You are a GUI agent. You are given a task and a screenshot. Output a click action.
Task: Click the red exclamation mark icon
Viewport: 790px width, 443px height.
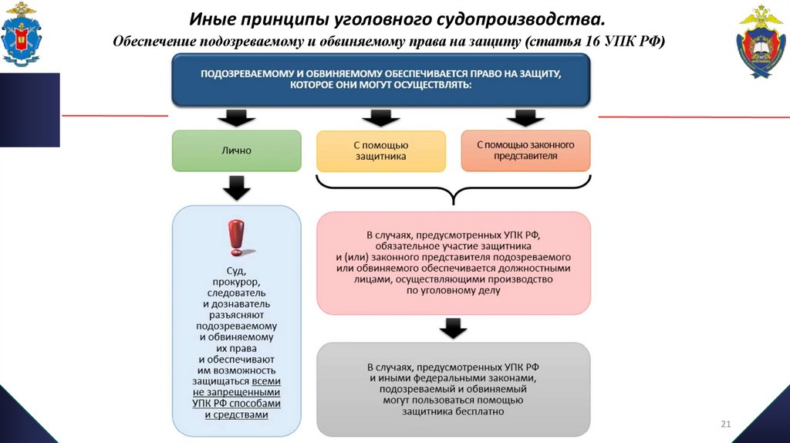[x=236, y=238]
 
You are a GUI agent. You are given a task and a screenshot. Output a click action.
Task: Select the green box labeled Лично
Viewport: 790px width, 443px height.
[x=236, y=150]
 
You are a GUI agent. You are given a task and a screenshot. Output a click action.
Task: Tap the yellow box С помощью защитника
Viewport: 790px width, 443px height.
[x=381, y=150]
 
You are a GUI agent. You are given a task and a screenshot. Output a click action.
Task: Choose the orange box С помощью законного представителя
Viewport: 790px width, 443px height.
[x=525, y=150]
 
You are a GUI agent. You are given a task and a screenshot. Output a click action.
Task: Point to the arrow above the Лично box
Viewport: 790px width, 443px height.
[x=236, y=118]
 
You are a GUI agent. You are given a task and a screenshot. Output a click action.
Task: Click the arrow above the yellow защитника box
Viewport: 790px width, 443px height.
[x=381, y=118]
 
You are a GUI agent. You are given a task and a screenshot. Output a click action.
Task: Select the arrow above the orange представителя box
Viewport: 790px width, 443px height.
[x=525, y=118]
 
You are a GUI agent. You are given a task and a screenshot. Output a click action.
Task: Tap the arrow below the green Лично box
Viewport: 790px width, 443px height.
[x=236, y=188]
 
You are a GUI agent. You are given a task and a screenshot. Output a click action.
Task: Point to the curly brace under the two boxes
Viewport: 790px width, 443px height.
[x=454, y=189]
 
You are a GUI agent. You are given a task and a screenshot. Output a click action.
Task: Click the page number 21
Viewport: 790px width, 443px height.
[x=725, y=424]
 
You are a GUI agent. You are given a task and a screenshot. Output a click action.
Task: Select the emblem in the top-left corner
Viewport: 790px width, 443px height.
[x=22, y=34]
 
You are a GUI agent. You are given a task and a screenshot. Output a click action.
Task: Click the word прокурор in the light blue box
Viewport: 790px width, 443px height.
[x=236, y=282]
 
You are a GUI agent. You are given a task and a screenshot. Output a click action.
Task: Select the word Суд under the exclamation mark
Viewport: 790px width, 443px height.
[x=236, y=272]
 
